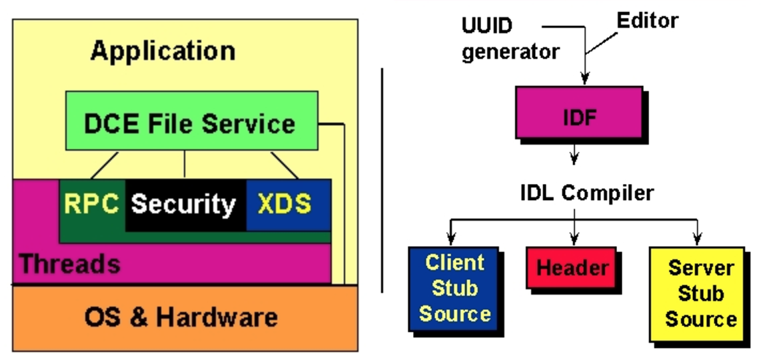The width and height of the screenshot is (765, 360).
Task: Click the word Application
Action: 163,51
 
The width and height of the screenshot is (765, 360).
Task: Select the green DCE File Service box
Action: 191,123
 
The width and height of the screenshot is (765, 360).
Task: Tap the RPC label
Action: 92,204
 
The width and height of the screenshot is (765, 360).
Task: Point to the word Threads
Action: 70,264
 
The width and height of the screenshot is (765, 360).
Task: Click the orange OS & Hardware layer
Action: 181,316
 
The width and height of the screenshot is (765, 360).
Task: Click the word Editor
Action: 646,21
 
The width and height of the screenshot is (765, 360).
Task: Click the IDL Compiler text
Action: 586,193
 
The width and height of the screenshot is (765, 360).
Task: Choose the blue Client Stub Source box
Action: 455,288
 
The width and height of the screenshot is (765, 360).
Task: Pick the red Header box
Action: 572,268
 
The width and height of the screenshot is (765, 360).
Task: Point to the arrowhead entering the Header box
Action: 574,239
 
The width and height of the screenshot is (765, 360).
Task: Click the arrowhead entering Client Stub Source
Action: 451,239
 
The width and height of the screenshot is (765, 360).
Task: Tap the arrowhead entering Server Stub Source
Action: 697,239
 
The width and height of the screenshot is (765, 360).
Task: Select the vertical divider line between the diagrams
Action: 382,180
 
